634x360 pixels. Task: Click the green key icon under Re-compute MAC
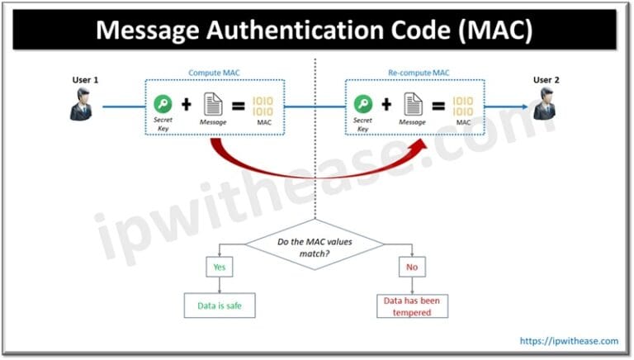click(362, 104)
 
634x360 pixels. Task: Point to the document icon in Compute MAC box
click(212, 104)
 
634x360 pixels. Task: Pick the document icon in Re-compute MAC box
click(414, 104)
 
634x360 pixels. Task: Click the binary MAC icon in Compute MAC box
click(263, 105)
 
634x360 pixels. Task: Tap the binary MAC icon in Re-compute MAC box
click(464, 105)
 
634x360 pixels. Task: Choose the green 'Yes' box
click(220, 268)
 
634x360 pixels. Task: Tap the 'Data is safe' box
click(220, 306)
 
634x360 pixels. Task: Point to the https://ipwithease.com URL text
click(568, 340)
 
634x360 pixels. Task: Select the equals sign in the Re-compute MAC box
click(438, 105)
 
